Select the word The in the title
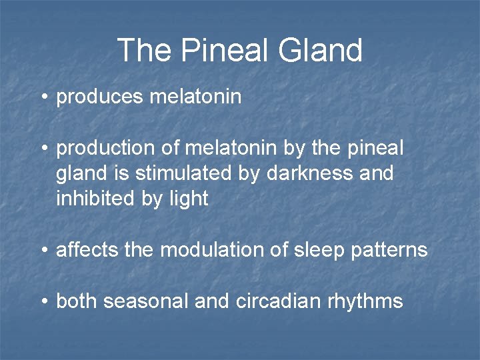(x=142, y=51)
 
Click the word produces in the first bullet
(x=99, y=97)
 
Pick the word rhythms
(x=365, y=301)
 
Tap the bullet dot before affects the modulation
(x=43, y=251)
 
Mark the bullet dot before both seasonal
(x=43, y=302)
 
